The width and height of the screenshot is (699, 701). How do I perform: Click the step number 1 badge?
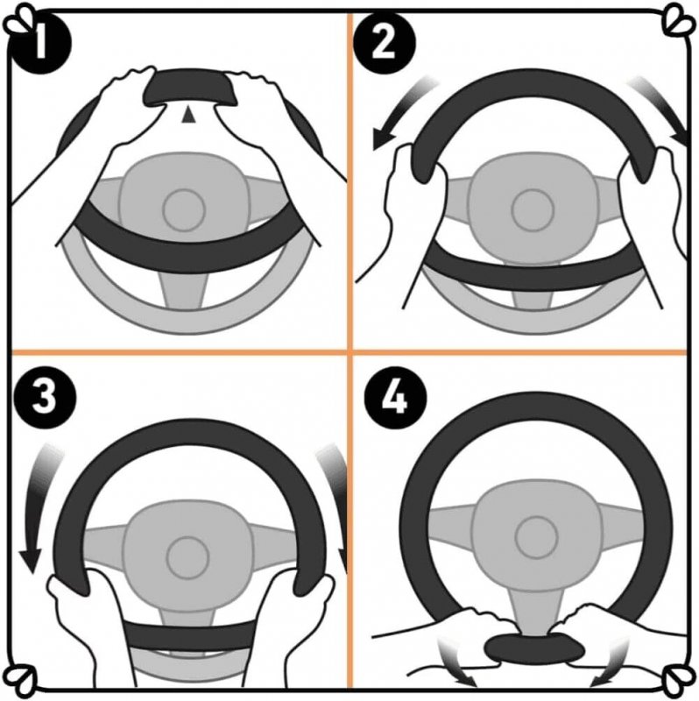[x=40, y=43]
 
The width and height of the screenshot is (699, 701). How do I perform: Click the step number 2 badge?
[x=384, y=43]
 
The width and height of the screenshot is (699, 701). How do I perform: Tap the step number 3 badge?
[x=45, y=398]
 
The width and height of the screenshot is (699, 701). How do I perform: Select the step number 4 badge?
[x=395, y=398]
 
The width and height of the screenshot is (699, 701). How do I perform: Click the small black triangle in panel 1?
[x=188, y=115]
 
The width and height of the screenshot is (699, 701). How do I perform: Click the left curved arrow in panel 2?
[x=400, y=114]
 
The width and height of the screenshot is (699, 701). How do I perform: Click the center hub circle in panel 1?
[x=184, y=210]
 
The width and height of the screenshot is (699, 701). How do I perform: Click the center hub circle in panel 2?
[x=533, y=210]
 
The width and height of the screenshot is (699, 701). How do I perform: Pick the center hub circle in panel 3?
[x=187, y=557]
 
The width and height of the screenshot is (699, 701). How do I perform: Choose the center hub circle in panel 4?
[x=536, y=536]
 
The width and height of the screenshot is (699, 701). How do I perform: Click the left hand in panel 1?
[x=121, y=117]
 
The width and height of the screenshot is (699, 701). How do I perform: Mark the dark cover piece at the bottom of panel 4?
[x=534, y=648]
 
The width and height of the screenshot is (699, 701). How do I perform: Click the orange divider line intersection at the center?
[x=349, y=353]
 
